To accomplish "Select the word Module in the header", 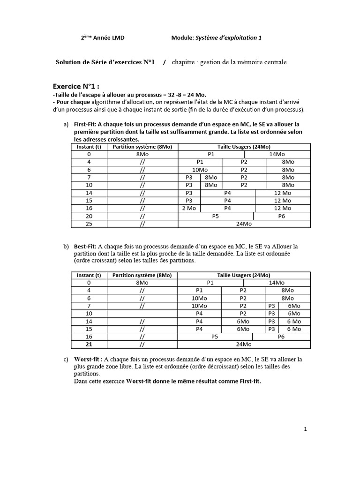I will pyautogui.click(x=182, y=38).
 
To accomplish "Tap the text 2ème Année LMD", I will pyautogui.click(x=103, y=38).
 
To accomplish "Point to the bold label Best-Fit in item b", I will pyautogui.click(x=85, y=246).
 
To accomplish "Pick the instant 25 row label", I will pyautogui.click(x=89, y=224).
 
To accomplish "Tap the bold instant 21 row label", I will pyautogui.click(x=89, y=345).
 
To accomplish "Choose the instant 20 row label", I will pyautogui.click(x=89, y=216).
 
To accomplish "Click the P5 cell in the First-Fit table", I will pyautogui.click(x=216, y=216).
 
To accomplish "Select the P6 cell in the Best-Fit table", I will pyautogui.click(x=281, y=337).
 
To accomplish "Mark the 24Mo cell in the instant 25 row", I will pyautogui.click(x=244, y=224).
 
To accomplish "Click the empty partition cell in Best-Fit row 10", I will pyautogui.click(x=142, y=313).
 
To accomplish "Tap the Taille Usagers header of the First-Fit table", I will pyautogui.click(x=244, y=146).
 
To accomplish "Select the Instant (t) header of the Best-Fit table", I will pyautogui.click(x=89, y=275).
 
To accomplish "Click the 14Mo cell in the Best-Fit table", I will pyautogui.click(x=277, y=283).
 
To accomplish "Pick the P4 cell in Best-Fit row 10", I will pyautogui.click(x=199, y=313).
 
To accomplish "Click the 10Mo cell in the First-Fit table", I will pyautogui.click(x=200, y=170).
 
